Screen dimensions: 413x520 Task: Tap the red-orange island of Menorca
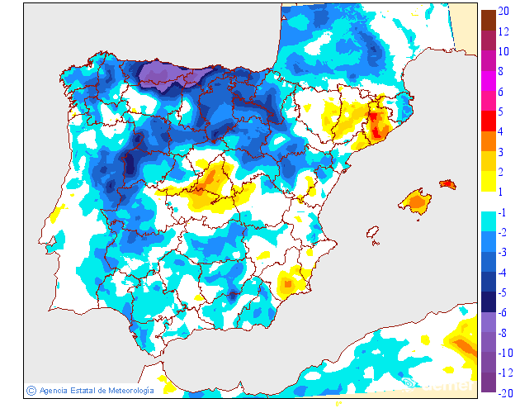click(447, 184)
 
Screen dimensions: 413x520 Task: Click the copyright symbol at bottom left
click(31, 390)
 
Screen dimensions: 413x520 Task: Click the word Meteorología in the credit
click(125, 390)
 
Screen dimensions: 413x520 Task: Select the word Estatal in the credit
click(84, 390)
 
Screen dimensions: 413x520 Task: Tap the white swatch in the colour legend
click(489, 202)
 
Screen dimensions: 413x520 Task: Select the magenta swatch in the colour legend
click(489, 81)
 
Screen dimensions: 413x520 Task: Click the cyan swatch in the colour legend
click(489, 222)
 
